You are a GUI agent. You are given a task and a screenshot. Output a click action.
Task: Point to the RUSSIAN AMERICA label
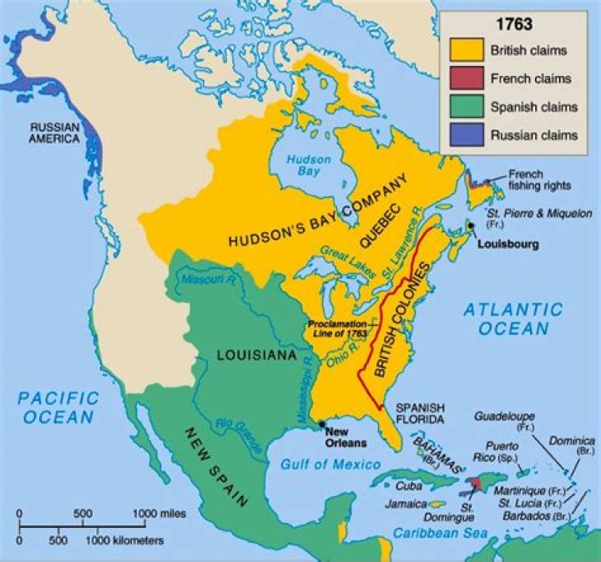click(x=55, y=133)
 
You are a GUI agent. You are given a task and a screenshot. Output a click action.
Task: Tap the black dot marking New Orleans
click(x=321, y=424)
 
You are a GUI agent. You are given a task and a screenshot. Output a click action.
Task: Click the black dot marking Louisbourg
click(x=472, y=226)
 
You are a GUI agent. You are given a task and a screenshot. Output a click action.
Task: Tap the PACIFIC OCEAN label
click(x=58, y=407)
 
